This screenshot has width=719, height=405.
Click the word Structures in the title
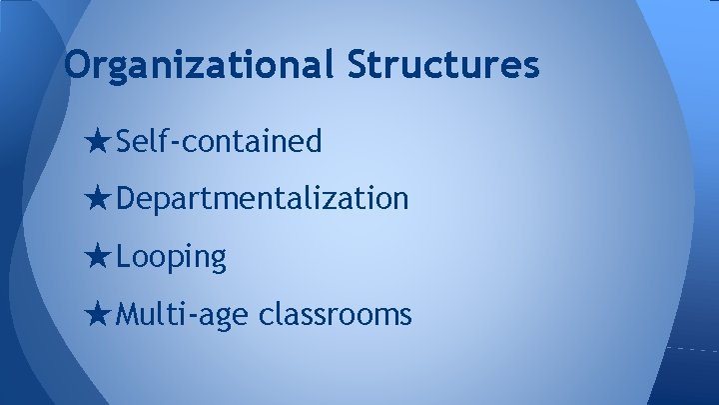(x=443, y=66)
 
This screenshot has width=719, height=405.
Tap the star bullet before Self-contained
(x=99, y=142)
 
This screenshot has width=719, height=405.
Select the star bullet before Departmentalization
(x=99, y=199)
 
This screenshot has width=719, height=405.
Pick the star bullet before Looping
(x=99, y=257)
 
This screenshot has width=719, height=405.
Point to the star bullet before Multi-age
(x=99, y=315)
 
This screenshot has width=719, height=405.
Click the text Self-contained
(x=219, y=142)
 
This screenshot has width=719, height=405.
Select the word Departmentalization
(x=262, y=199)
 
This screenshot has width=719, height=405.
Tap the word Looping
(x=172, y=257)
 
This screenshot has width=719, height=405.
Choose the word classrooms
(x=335, y=315)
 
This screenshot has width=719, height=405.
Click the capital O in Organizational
(x=76, y=66)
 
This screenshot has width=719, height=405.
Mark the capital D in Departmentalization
(x=126, y=199)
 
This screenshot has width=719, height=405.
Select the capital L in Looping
(x=124, y=257)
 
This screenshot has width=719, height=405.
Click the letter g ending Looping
(x=219, y=260)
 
